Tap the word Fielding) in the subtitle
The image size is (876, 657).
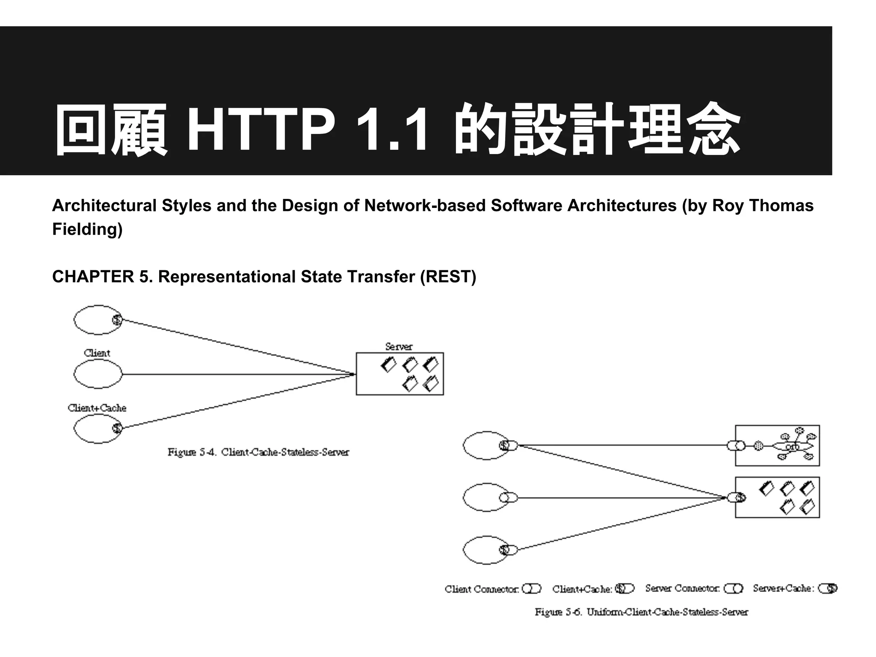[x=87, y=229]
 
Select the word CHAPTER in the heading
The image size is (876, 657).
[x=93, y=277]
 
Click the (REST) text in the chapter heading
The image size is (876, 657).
[x=448, y=277]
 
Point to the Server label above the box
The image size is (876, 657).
[x=399, y=346]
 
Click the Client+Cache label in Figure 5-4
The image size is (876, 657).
[x=97, y=408]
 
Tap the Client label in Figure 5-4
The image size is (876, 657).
[x=97, y=353]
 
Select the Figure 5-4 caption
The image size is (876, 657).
[x=258, y=452]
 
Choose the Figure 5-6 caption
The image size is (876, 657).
[x=641, y=612]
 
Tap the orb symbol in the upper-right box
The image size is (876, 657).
[x=792, y=447]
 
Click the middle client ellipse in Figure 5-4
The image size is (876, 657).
[x=98, y=374]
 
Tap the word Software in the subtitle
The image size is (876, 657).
[x=526, y=206]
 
